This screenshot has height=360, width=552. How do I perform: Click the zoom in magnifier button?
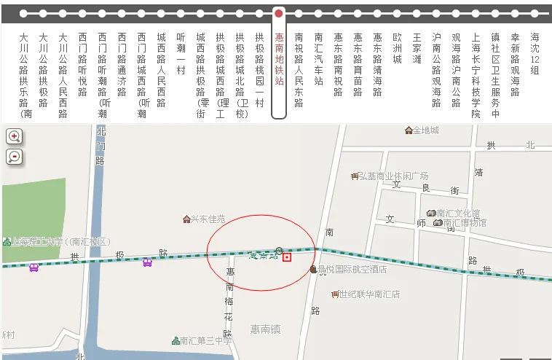[15, 136]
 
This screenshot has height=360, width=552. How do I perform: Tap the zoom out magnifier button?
[15, 157]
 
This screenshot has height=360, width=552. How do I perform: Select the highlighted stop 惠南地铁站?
[279, 58]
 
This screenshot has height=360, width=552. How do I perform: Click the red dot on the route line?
[279, 13]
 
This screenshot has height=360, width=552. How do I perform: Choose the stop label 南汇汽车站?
[318, 58]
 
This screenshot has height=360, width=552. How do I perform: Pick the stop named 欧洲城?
[397, 48]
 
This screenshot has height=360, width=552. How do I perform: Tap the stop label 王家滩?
[417, 48]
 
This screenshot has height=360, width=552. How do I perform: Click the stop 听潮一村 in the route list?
[181, 53]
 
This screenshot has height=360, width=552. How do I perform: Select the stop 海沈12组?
[535, 53]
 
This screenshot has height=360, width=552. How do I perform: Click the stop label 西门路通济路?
[122, 64]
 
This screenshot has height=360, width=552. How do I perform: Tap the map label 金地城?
[425, 130]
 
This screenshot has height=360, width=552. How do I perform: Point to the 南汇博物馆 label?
[463, 223]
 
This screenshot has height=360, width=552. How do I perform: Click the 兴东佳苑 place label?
[207, 219]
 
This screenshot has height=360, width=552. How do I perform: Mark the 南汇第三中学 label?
[205, 341]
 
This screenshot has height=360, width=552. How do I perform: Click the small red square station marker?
[288, 257]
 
